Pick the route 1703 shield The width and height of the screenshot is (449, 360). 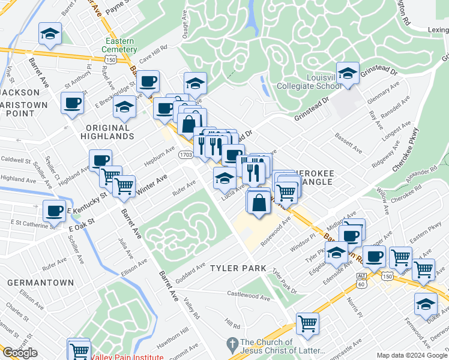click(186, 155)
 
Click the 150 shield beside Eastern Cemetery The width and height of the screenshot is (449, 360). click(110, 60)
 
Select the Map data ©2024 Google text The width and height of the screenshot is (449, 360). click(411, 355)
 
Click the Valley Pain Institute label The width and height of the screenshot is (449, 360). click(127, 357)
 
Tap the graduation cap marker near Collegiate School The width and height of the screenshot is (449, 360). click(348, 73)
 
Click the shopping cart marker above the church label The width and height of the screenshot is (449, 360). click(307, 324)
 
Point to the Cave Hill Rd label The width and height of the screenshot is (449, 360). click(153, 54)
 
